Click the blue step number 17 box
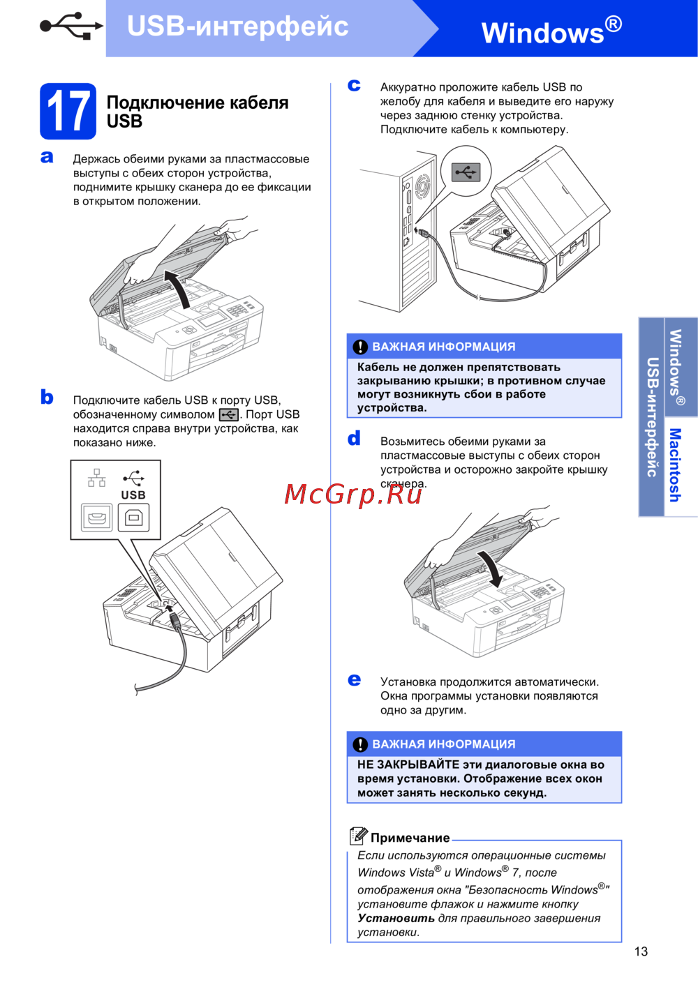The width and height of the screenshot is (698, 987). [68, 112]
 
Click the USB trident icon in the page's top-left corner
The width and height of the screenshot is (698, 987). [71, 26]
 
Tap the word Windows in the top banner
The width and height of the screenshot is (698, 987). [542, 33]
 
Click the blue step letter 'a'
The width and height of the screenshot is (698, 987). [47, 157]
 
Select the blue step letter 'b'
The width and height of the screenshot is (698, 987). [47, 397]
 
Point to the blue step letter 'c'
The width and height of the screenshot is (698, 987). [354, 85]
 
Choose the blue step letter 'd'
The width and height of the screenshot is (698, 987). [354, 438]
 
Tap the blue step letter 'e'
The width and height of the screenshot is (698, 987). [354, 680]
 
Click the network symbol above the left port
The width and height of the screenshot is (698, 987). [96, 478]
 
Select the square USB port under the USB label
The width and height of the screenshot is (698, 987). [133, 518]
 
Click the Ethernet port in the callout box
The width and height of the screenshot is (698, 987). [96, 518]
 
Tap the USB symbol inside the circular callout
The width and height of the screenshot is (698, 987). [466, 172]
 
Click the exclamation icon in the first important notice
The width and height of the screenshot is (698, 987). [360, 347]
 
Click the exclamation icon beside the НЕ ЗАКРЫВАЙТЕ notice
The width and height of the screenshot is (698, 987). [360, 745]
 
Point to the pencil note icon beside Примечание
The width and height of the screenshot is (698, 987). [358, 836]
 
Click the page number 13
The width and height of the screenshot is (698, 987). [641, 951]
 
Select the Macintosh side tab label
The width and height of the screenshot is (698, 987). [675, 465]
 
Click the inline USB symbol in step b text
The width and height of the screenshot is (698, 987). [229, 414]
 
